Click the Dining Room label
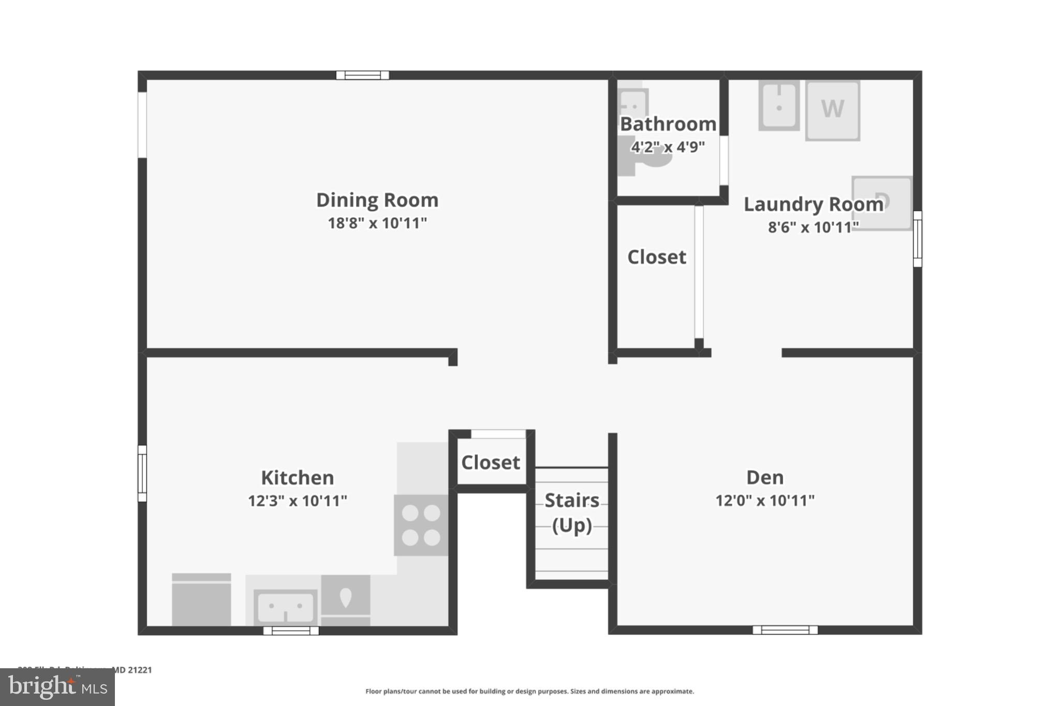(x=377, y=200)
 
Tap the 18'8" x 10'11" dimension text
(x=377, y=223)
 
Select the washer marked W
(x=832, y=110)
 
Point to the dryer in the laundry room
(x=882, y=203)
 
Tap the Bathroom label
(x=668, y=124)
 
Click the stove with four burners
(x=421, y=525)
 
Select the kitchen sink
(x=285, y=607)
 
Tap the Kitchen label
(x=297, y=478)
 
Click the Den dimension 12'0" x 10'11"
(x=765, y=501)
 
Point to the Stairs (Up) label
(x=572, y=513)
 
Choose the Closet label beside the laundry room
(x=657, y=257)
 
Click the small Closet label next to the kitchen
(x=491, y=462)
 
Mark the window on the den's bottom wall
(x=785, y=630)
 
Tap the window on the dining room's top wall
(x=362, y=76)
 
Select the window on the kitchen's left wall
(x=142, y=473)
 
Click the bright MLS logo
(x=57, y=687)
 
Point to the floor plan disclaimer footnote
(x=529, y=692)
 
